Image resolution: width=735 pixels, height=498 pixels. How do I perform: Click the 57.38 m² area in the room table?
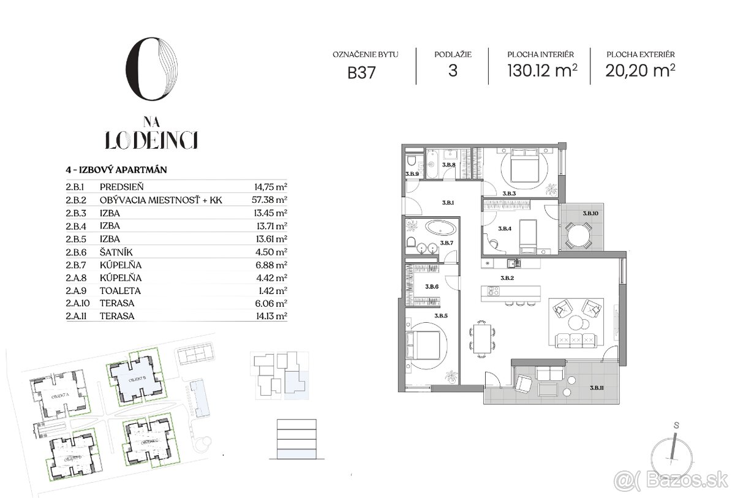click(271, 200)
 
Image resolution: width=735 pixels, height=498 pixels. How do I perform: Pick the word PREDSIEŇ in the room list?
click(121, 187)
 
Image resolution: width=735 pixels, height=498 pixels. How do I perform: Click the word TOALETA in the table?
click(119, 290)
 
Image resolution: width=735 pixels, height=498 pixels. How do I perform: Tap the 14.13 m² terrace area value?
click(271, 316)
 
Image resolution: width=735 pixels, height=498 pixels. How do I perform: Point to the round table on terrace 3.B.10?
click(578, 233)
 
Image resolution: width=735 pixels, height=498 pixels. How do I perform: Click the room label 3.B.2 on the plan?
click(506, 277)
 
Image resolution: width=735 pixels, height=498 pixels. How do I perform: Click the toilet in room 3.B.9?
click(413, 162)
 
